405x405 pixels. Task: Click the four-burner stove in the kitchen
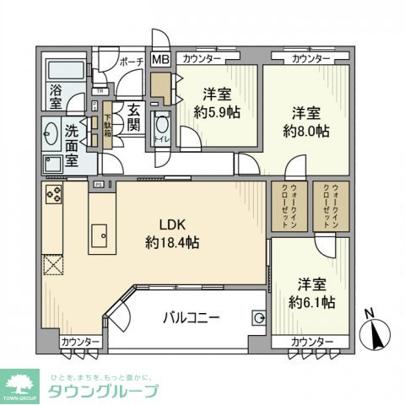(x=53, y=196)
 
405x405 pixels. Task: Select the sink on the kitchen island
(x=100, y=231)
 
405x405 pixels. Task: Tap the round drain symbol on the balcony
(x=259, y=318)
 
